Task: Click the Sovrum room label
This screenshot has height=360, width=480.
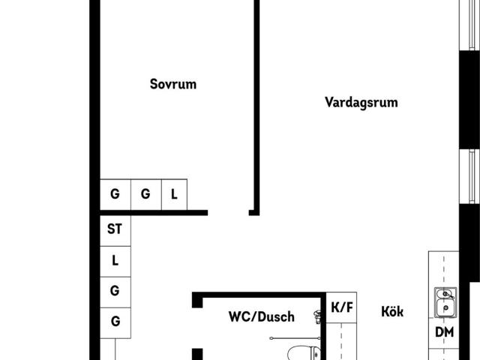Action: click(173, 84)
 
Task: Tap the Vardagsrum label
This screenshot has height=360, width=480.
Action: click(361, 103)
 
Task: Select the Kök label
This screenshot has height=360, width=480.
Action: click(392, 312)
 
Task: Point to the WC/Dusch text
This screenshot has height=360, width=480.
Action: click(262, 316)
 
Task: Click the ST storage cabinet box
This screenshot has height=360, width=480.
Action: click(115, 230)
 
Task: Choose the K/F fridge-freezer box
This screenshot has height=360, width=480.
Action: click(342, 307)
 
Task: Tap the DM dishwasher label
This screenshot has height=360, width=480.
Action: click(444, 332)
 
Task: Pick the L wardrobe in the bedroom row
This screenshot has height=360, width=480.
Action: click(174, 195)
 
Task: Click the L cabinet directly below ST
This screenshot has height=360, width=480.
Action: click(115, 262)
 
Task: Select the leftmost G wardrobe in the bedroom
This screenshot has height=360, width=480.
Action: click(115, 195)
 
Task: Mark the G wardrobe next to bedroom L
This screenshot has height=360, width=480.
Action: click(146, 195)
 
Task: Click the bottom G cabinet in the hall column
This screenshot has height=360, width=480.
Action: click(115, 323)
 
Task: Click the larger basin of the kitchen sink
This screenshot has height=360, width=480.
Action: click(445, 307)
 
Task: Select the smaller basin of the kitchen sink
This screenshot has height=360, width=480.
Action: click(444, 294)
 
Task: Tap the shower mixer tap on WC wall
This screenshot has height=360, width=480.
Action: click(317, 316)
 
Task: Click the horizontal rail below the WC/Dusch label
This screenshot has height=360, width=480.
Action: click(295, 338)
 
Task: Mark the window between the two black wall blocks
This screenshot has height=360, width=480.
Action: click(469, 176)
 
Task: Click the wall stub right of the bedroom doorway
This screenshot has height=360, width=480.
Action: click(254, 213)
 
